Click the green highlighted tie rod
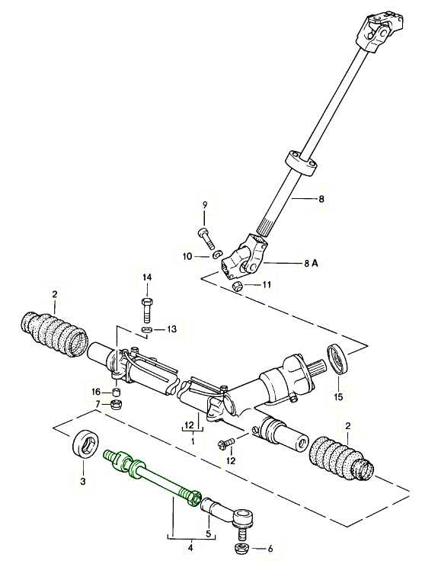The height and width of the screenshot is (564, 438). coord(152,477)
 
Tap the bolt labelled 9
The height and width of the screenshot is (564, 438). coord(205,235)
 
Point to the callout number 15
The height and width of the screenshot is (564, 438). coord(337,396)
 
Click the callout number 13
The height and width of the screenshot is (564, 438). coord(172,329)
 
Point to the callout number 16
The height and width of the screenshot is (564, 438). coord(95,391)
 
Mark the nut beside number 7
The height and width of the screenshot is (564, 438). coord(117,404)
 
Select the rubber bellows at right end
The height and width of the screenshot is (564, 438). coord(340,460)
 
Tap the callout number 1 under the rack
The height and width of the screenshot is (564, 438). coord(193,441)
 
